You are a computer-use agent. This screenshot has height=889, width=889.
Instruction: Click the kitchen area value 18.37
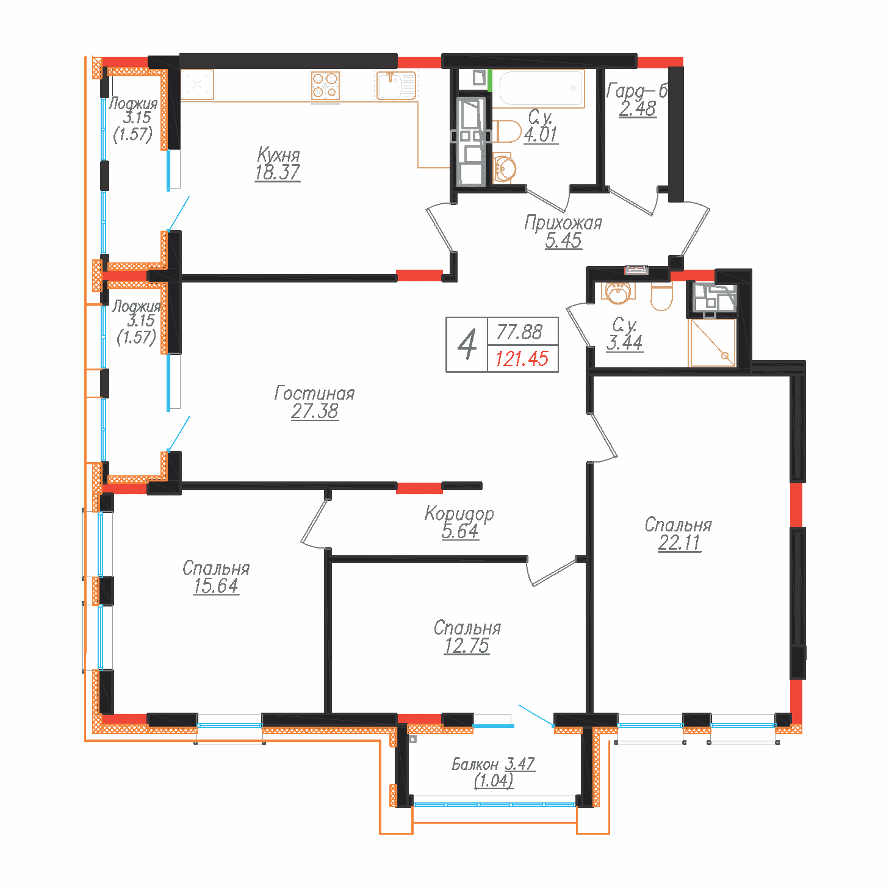tap(277, 173)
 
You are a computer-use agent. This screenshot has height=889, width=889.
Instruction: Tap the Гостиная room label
tap(314, 394)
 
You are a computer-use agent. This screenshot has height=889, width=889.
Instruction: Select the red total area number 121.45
tap(522, 359)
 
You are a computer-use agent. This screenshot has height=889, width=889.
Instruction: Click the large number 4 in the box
tap(467, 345)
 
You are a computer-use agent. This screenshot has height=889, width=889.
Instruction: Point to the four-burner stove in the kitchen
tap(325, 85)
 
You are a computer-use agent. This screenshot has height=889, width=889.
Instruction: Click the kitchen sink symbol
tap(395, 85)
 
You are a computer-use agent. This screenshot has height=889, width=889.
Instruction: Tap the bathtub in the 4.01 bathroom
tap(541, 89)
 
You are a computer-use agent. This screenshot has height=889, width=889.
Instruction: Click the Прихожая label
tap(563, 223)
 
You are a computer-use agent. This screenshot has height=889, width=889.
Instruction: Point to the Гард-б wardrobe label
tap(637, 92)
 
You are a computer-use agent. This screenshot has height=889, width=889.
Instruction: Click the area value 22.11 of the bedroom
tap(679, 543)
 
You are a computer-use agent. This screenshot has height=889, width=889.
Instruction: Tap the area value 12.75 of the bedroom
tap(466, 646)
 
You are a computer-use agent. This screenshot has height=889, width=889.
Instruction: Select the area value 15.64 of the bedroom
tap(216, 586)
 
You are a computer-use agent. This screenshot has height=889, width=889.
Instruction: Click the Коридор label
tap(459, 514)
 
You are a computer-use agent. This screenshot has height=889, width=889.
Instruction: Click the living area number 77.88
tap(519, 332)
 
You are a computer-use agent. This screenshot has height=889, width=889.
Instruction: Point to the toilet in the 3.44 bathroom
tap(661, 297)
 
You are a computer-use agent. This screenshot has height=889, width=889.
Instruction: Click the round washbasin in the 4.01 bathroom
tap(505, 168)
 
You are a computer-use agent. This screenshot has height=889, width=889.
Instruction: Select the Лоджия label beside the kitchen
tap(133, 104)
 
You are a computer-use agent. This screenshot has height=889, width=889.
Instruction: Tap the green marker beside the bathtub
tap(490, 81)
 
